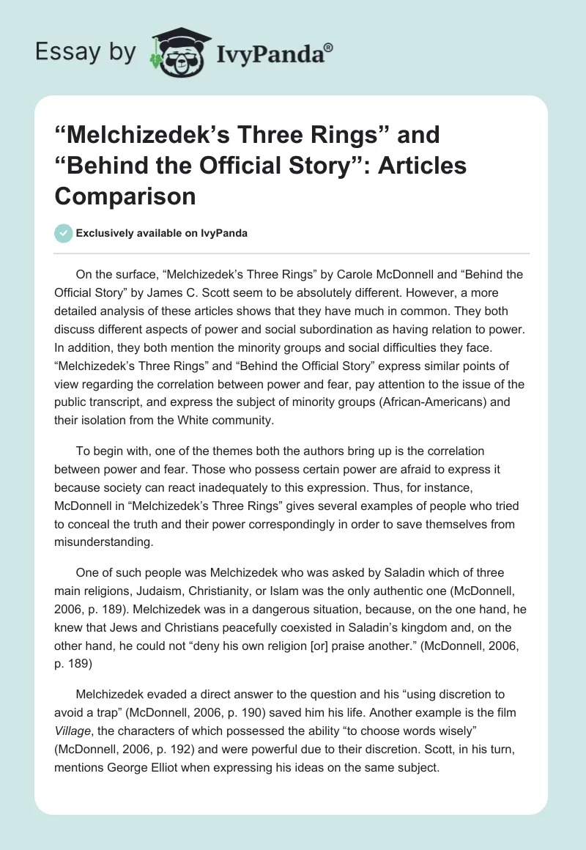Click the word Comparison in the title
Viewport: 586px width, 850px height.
[125, 196]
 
